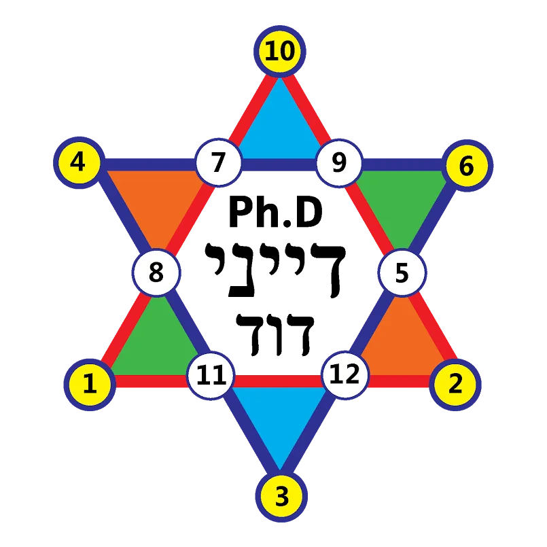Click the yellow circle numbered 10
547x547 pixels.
click(x=279, y=52)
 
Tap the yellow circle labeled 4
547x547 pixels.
click(x=78, y=163)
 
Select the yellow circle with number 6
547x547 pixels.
click(x=466, y=166)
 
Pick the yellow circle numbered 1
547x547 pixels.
click(x=89, y=385)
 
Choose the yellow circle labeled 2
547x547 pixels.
click(x=455, y=385)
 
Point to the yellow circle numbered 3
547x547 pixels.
click(x=281, y=496)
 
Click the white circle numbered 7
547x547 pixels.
click(x=218, y=164)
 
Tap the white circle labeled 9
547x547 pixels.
click(x=338, y=164)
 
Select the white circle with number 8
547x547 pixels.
click(x=156, y=273)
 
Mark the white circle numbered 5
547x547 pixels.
click(x=402, y=273)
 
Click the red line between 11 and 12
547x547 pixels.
click(x=277, y=381)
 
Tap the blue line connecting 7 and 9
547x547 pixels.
click(x=279, y=165)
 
